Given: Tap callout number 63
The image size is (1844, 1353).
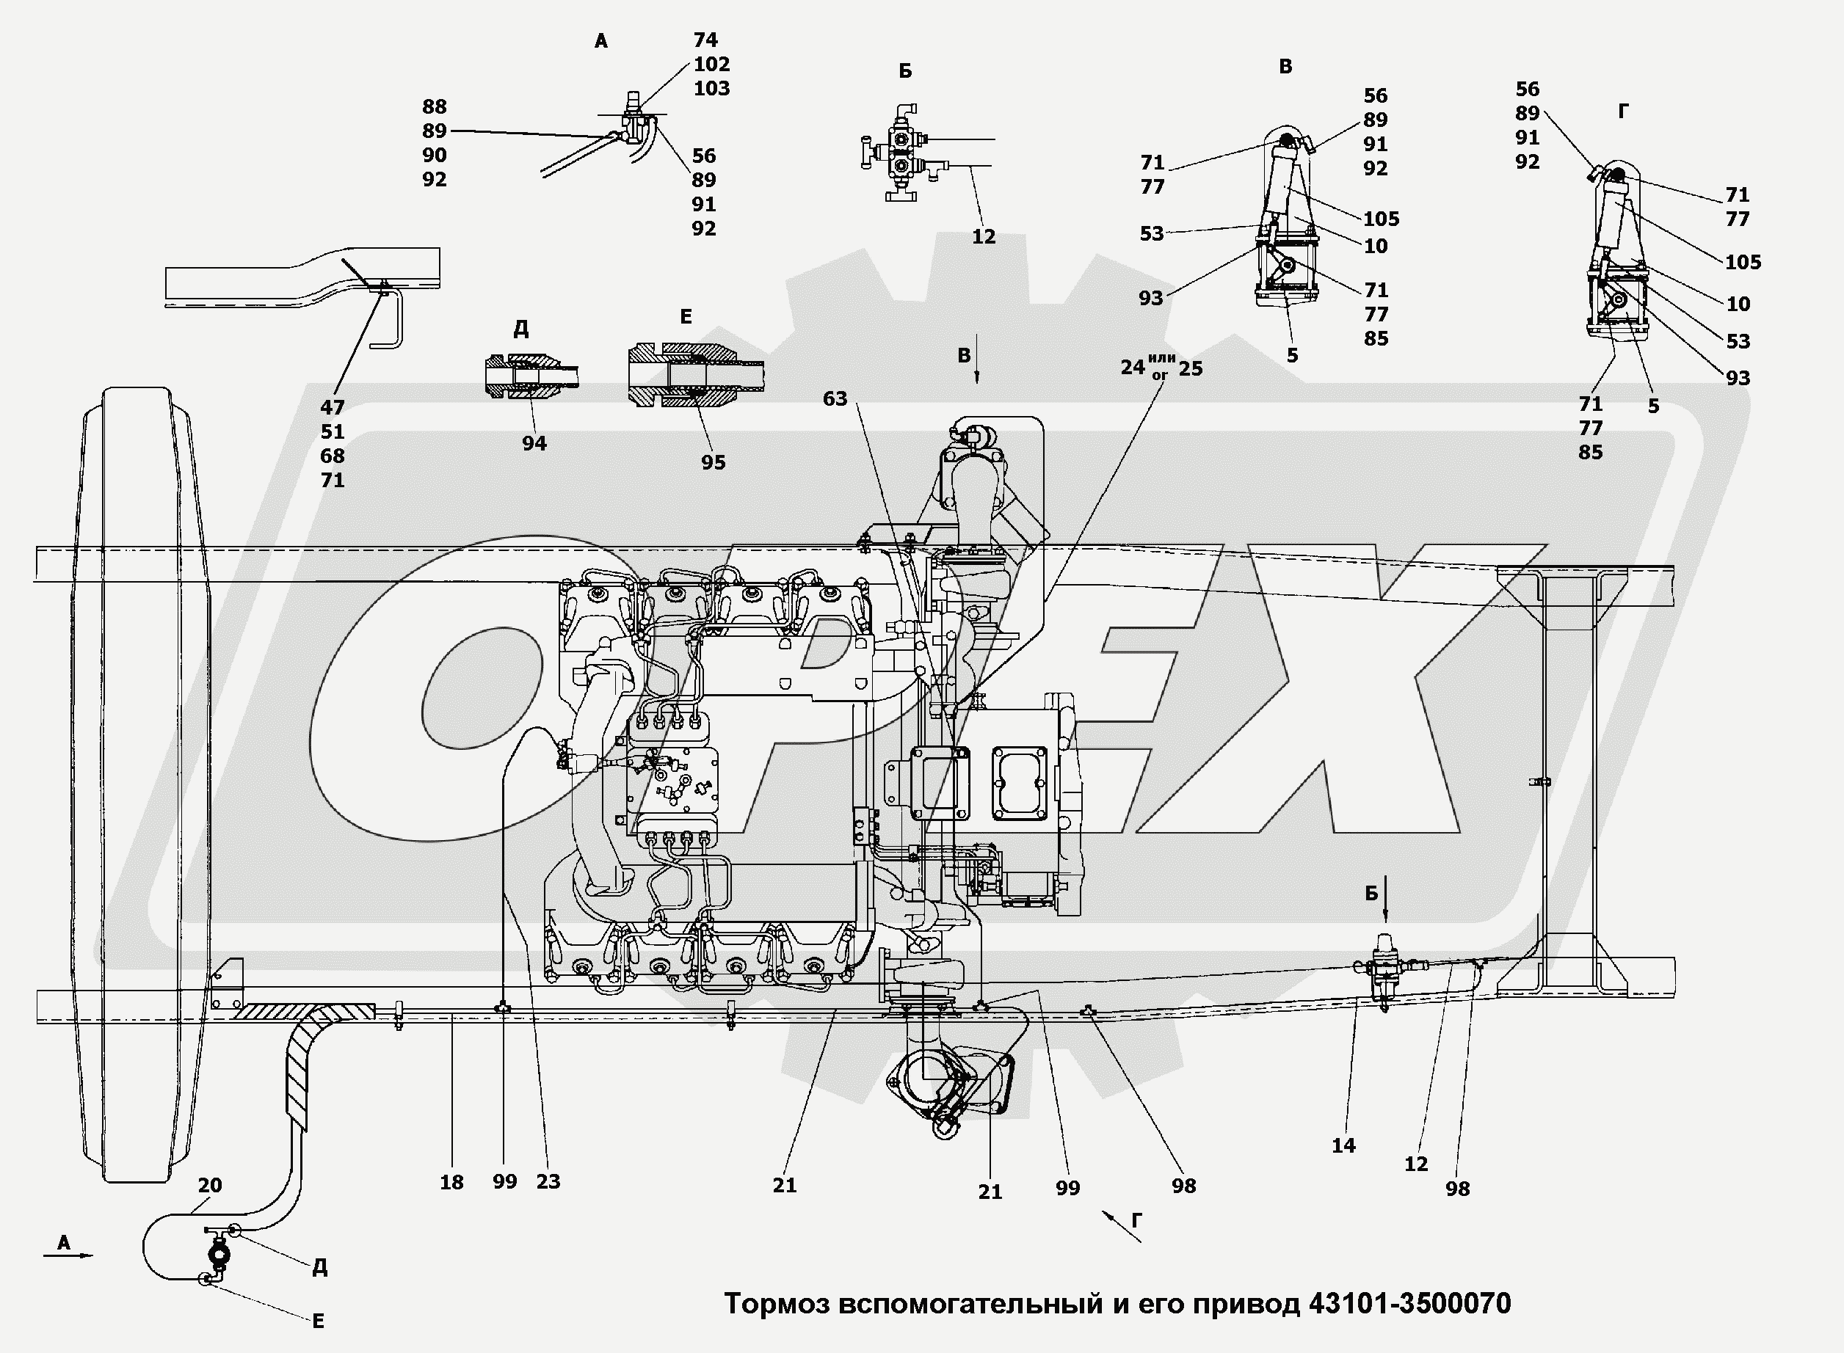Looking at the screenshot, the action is (x=835, y=399).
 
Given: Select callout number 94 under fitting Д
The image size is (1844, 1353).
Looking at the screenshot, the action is (x=534, y=443).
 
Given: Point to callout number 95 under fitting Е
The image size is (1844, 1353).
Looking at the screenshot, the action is (x=713, y=463).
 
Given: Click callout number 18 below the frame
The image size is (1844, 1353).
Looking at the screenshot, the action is (x=451, y=1183).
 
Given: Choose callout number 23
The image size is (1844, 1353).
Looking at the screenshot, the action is (x=548, y=1182).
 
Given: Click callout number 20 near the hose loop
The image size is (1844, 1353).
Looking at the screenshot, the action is (x=210, y=1185).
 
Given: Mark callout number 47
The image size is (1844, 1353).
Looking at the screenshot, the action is (x=333, y=407).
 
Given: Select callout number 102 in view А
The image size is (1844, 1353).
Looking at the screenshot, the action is (x=711, y=64).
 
